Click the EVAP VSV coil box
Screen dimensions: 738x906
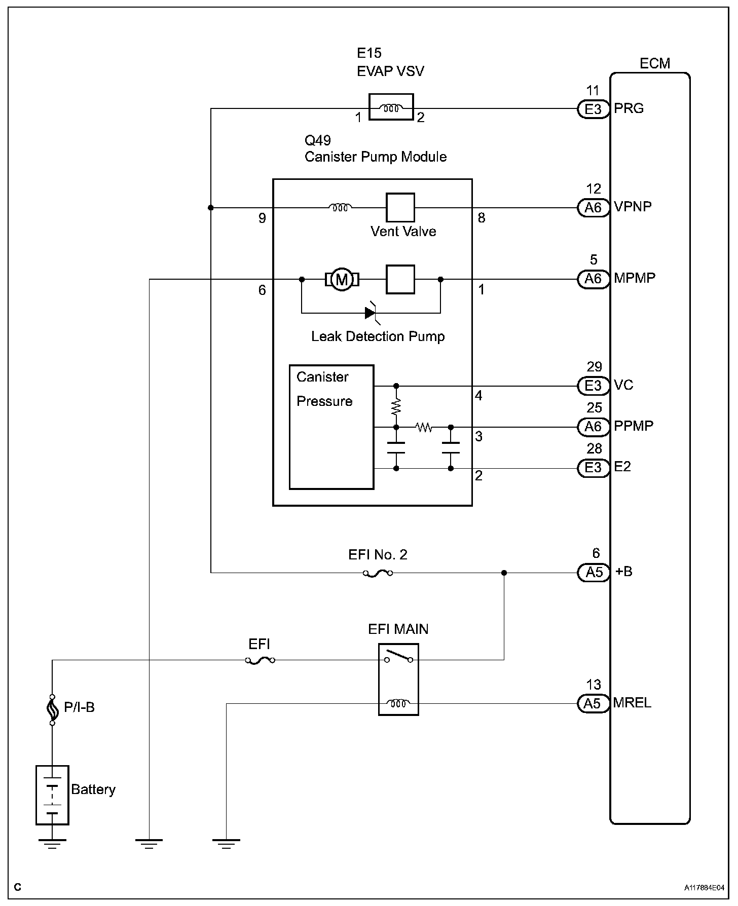391,107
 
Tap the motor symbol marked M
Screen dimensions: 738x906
342,279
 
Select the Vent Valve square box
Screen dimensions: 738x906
400,207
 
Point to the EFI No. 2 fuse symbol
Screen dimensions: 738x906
378,573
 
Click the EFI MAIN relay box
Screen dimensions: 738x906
398,679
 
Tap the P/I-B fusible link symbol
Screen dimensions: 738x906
52,710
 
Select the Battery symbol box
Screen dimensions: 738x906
52,795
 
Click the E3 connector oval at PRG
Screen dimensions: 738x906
593,109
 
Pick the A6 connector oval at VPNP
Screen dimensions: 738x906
593,208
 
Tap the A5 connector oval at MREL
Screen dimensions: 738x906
593,704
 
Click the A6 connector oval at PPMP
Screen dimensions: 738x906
593,427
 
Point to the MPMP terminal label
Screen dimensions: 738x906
635,278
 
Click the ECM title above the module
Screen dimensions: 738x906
655,63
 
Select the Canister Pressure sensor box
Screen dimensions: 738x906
331,427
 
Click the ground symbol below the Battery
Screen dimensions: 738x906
52,843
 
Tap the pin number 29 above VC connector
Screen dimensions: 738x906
594,367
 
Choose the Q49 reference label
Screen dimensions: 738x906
318,140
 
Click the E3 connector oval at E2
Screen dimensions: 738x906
593,468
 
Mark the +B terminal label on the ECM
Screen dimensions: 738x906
623,572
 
